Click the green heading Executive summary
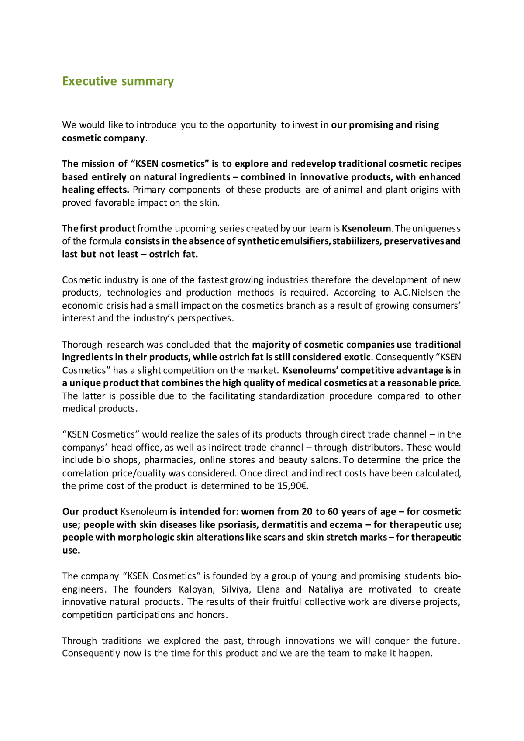click(118, 81)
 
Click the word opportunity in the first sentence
click(252, 125)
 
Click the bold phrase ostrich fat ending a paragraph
click(173, 254)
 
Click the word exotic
click(357, 357)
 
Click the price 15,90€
click(293, 486)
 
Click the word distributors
click(376, 448)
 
